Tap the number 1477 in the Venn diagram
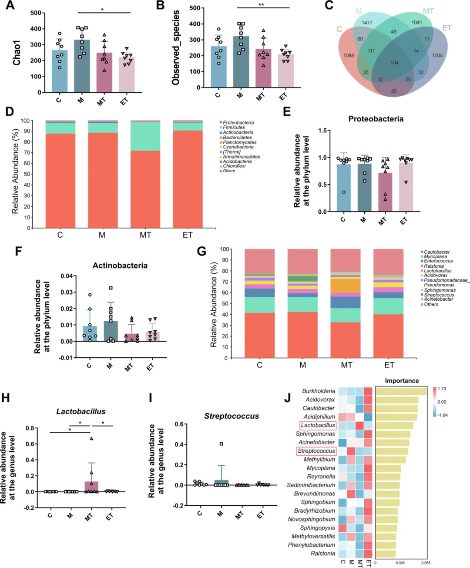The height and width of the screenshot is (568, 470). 367,23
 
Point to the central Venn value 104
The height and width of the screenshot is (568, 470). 394,63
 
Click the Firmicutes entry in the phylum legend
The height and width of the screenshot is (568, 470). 234,128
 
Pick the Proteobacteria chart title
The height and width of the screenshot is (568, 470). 376,119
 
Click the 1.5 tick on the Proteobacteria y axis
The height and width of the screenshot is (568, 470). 322,131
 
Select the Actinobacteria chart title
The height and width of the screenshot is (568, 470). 120,266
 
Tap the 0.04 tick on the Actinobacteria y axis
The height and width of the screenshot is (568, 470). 67,276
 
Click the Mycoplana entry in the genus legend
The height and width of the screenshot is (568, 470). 435,256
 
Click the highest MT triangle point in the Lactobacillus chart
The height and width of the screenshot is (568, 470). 91,438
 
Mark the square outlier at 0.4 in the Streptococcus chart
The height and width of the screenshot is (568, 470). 222,444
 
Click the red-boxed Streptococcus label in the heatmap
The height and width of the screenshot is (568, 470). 316,451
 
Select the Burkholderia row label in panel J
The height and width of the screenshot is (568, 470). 319,391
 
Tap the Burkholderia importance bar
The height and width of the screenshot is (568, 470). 400,391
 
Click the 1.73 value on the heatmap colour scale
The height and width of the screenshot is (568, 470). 442,389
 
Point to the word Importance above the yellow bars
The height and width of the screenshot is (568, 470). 402,381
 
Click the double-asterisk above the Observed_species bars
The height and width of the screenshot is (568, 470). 261,5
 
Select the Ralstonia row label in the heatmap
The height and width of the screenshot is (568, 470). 322,553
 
